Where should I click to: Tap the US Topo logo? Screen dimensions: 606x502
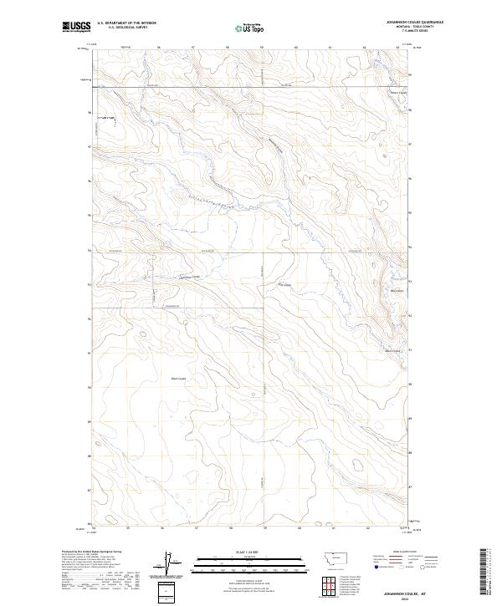[x=250, y=28]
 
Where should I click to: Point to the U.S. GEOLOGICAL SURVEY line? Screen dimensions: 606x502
[x=122, y=28]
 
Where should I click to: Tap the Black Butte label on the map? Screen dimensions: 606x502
[x=393, y=291]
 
